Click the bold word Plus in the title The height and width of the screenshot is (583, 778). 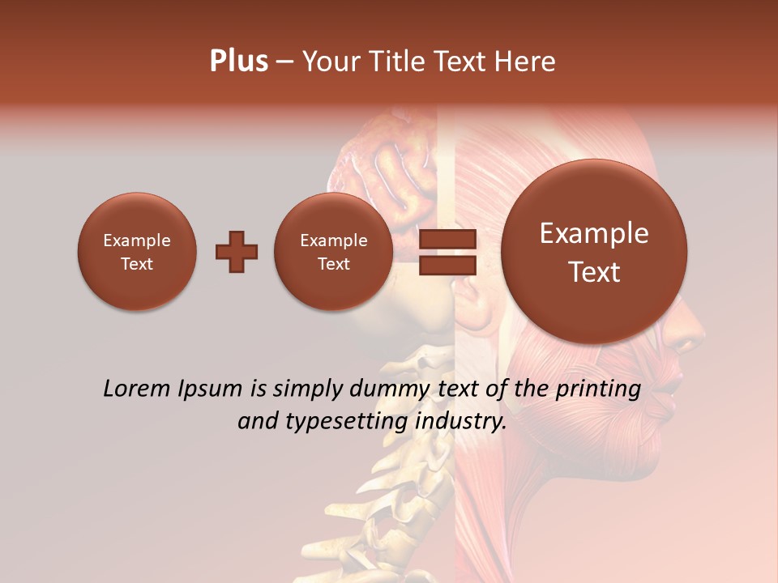coord(238,61)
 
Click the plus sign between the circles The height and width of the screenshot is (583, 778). coord(237,251)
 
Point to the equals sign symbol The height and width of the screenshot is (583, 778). coord(447,251)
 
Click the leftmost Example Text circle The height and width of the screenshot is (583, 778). coord(137,251)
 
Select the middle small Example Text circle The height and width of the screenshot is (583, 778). coord(334,251)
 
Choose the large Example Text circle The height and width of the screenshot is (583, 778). coord(594,251)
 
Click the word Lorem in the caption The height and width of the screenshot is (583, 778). coord(132,389)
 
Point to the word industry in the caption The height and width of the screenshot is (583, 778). coord(461,422)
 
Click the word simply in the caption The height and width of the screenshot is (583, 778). coord(307,389)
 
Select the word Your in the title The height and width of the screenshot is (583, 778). coord(329,61)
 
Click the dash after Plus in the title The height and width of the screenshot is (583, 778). coord(284,62)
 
